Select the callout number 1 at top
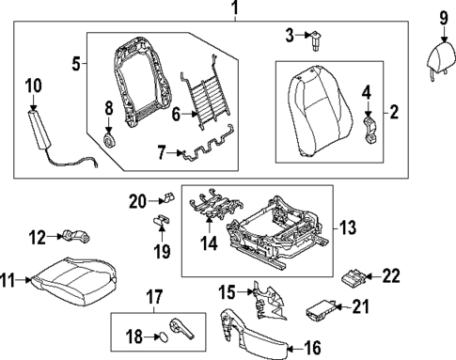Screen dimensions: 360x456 click(235, 10)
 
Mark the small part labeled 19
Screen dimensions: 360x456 click(162, 221)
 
